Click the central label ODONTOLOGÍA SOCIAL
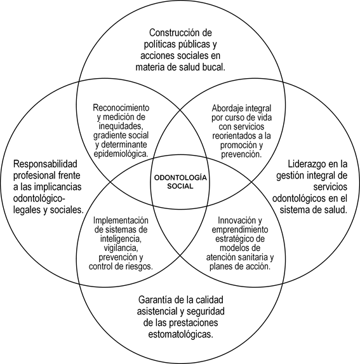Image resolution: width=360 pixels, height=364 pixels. [180, 182]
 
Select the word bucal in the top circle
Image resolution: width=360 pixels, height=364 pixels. [213, 67]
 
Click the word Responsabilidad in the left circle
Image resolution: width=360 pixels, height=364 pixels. [45, 164]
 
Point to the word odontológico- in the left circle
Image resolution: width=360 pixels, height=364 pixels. [39, 199]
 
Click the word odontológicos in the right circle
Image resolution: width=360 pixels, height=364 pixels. [299, 199]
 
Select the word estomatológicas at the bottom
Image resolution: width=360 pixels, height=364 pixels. [180, 335]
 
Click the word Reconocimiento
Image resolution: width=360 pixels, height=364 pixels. [121, 108]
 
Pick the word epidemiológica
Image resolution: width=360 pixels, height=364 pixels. [121, 154]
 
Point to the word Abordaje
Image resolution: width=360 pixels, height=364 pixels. [225, 108]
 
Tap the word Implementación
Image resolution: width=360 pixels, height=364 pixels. [121, 220]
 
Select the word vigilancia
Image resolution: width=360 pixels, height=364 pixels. [121, 248]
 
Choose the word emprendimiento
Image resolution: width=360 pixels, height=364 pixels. [240, 229]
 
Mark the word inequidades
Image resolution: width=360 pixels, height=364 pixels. [121, 126]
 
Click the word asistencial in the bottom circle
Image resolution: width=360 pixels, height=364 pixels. [157, 311]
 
